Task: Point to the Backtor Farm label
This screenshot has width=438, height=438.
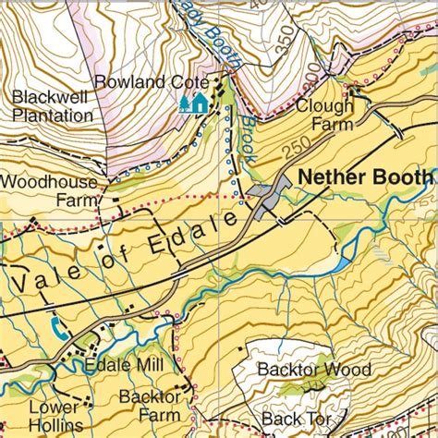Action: [x=151, y=406]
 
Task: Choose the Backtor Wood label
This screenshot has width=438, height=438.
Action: [x=314, y=370]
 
